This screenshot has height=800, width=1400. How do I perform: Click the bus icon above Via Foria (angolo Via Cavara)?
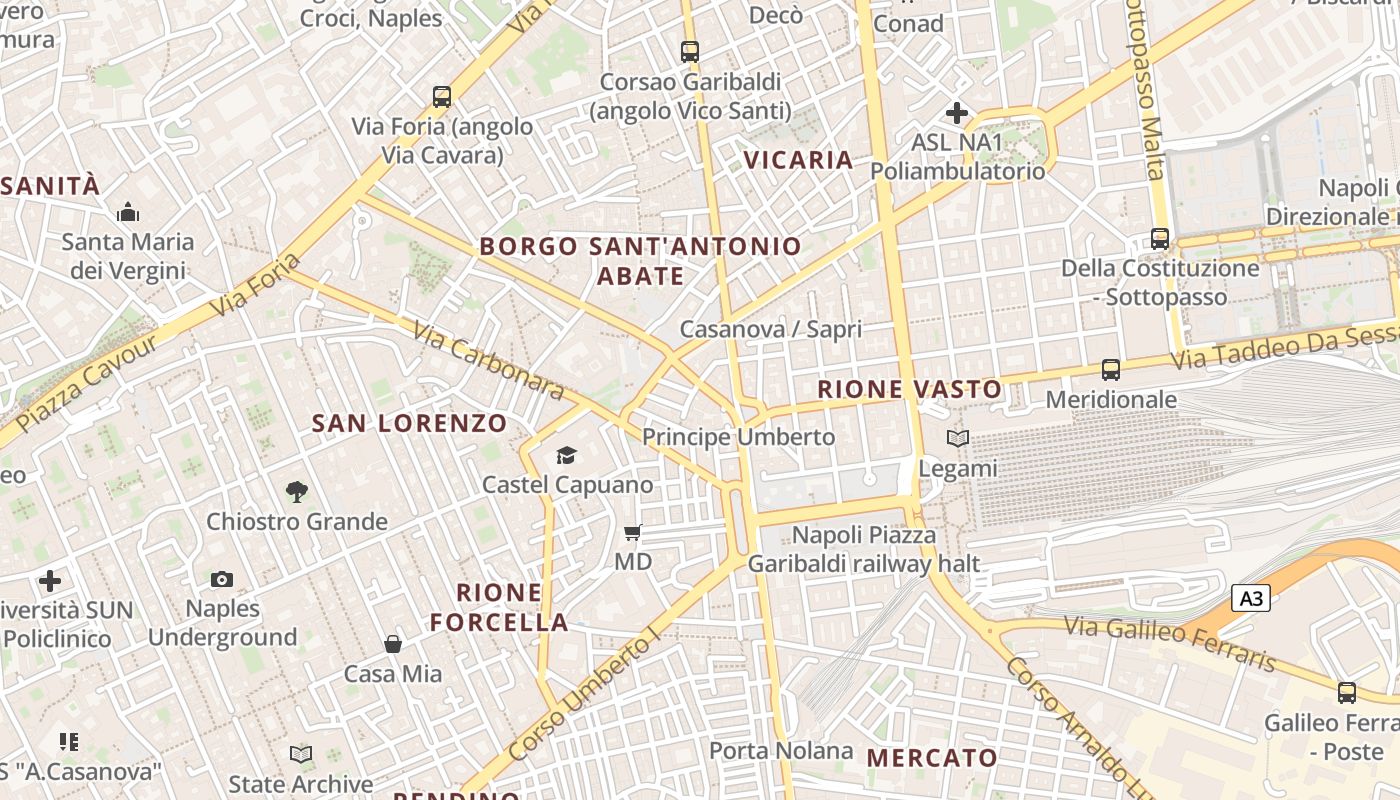[442, 97]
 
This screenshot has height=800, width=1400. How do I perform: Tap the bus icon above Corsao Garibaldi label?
[689, 51]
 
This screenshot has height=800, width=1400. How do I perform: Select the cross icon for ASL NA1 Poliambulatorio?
[957, 113]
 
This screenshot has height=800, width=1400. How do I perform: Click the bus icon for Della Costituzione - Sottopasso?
[1160, 239]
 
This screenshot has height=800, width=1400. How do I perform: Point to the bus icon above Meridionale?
[1111, 370]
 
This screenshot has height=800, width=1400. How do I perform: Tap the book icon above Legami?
[958, 438]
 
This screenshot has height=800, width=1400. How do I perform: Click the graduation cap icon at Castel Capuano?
[567, 456]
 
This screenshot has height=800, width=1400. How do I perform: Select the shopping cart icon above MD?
[632, 532]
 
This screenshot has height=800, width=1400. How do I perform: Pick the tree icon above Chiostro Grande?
[296, 492]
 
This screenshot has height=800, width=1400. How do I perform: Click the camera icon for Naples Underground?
[222, 579]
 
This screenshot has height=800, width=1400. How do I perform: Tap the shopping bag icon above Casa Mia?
[393, 644]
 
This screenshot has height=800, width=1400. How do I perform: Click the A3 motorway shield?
[1250, 598]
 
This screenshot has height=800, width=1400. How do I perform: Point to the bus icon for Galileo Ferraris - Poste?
[1347, 692]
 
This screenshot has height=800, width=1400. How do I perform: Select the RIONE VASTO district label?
[909, 389]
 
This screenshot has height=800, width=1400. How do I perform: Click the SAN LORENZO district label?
[410, 423]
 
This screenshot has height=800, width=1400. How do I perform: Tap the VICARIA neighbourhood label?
[798, 160]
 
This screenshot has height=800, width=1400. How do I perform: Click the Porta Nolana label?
[781, 750]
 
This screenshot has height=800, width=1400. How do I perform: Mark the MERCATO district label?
[932, 758]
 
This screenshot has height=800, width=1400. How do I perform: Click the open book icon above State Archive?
[300, 754]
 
